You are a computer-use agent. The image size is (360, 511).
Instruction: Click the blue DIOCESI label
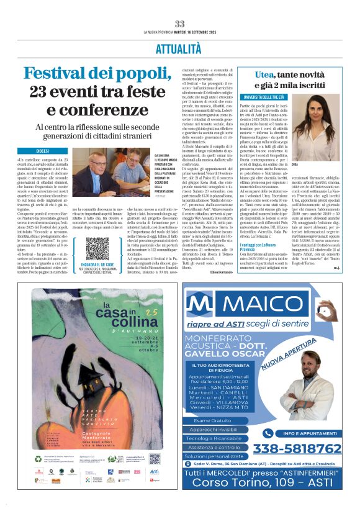point(43,151)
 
